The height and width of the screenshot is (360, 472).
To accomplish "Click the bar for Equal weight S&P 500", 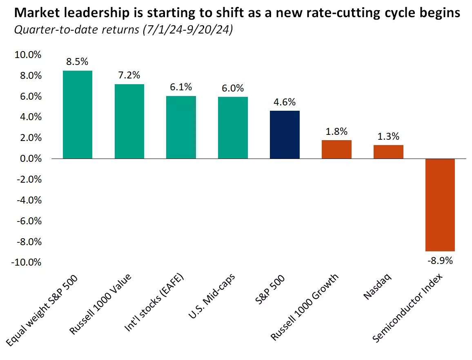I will [x=78, y=114].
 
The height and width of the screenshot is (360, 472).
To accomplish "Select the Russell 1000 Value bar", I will [x=129, y=121].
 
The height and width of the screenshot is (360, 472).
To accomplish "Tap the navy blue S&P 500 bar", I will [x=285, y=134].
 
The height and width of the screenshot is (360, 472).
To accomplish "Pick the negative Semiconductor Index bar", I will [x=440, y=205].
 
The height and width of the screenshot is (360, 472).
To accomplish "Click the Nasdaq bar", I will [x=388, y=152].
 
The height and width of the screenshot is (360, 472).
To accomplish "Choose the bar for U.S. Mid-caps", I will [x=233, y=127].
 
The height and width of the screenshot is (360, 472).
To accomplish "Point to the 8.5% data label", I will [x=78, y=62].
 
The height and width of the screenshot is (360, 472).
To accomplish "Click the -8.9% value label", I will [x=441, y=260].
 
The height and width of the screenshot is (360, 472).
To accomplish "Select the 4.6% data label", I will [x=285, y=102].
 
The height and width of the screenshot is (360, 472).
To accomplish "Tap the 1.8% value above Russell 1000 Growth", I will [x=336, y=132].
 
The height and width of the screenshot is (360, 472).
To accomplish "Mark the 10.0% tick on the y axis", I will [x=28, y=55].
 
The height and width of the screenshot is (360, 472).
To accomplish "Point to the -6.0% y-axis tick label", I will [x=28, y=221].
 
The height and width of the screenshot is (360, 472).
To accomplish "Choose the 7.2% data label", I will [x=129, y=76].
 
